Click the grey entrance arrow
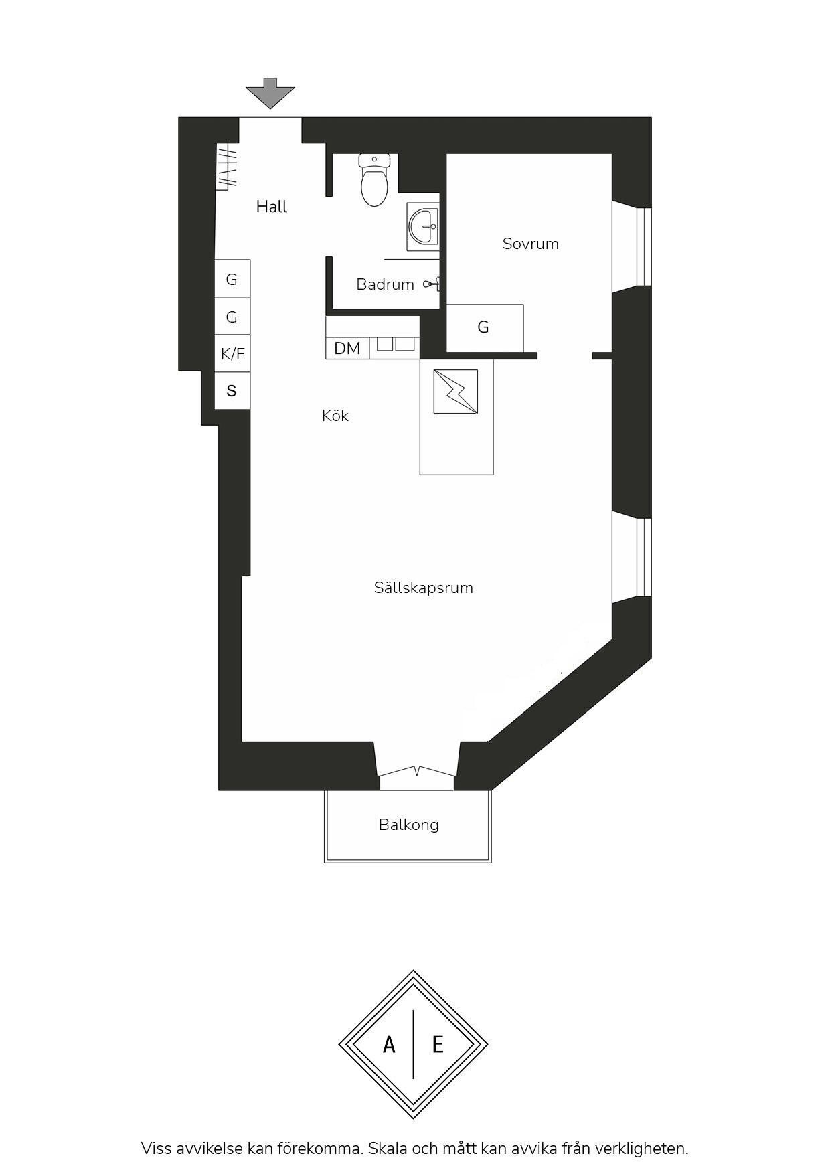coord(270,93)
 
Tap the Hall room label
coord(272,207)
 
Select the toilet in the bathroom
coord(374,179)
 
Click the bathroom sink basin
coord(424,226)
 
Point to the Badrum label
coord(385,284)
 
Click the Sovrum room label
coord(531,244)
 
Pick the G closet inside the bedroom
coord(485,327)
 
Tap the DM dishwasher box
coord(347,348)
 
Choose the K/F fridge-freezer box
coord(232,353)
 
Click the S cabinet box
coord(232,390)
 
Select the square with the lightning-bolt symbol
coord(456,392)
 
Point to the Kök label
coord(335,416)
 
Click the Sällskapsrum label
coord(424,588)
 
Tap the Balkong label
coord(409,825)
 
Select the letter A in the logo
coord(389,1044)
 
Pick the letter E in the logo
coord(438,1044)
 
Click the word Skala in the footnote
coord(387,1149)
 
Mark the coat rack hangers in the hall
coord(226,167)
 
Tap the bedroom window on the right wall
coord(632,247)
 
